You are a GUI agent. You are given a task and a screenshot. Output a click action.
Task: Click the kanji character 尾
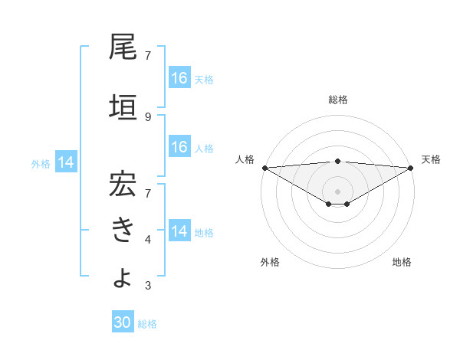pyautogui.click(x=123, y=47)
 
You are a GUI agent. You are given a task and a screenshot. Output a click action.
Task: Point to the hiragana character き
pyautogui.click(x=123, y=229)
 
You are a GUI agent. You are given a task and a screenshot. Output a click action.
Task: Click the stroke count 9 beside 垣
pyautogui.click(x=148, y=117)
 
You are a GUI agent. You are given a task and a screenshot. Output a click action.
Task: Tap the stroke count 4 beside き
pyautogui.click(x=148, y=240)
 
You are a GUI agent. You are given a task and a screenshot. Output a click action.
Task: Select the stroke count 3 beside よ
pyautogui.click(x=148, y=286)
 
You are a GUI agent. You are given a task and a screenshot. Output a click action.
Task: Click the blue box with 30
pyautogui.click(x=123, y=323)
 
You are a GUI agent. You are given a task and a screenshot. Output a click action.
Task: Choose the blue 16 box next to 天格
pyautogui.click(x=179, y=78)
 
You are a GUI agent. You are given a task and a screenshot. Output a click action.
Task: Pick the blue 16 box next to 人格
pyautogui.click(x=179, y=147)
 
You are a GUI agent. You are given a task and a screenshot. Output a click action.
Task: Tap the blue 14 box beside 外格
pyautogui.click(x=66, y=162)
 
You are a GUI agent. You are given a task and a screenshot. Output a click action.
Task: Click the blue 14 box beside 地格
pyautogui.click(x=179, y=231)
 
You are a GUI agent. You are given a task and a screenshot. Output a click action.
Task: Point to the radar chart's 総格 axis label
pyautogui.click(x=338, y=100)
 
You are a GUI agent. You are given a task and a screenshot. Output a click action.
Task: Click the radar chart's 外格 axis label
pyautogui.click(x=270, y=263)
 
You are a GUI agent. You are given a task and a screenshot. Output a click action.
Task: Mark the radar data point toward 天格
pyautogui.click(x=411, y=168)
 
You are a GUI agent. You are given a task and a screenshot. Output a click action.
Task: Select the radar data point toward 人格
pyautogui.click(x=264, y=168)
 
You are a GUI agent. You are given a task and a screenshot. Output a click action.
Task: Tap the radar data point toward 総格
pyautogui.click(x=338, y=161)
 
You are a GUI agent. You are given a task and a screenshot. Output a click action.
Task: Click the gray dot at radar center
pyautogui.click(x=338, y=190)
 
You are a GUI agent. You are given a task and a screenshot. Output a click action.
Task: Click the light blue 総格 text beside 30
pyautogui.click(x=147, y=324)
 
